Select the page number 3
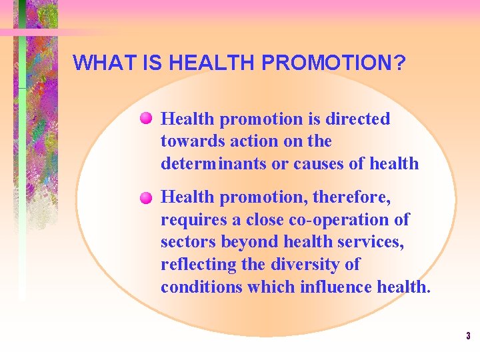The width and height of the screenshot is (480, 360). [468, 336]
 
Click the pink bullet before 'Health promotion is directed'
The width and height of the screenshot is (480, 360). [147, 119]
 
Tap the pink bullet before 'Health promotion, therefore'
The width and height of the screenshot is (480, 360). [147, 197]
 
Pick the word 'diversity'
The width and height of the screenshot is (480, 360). [306, 265]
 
